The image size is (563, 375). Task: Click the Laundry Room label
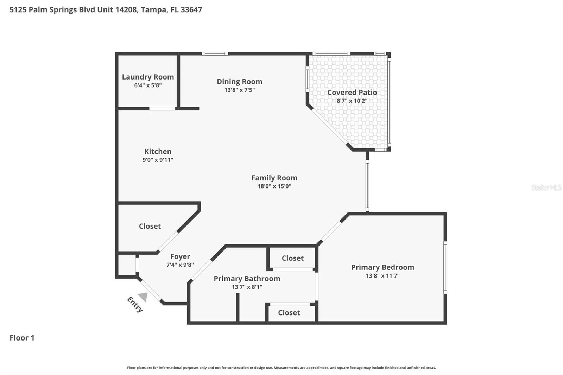pos(148,77)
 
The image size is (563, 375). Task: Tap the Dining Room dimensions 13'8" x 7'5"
pos(239,90)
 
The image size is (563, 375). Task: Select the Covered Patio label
pos(352,92)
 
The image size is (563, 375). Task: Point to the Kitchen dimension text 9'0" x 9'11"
pos(158,160)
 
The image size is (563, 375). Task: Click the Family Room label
pos(274,178)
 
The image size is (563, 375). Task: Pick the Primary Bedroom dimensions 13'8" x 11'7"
pos(382,276)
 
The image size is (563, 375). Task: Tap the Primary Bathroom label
pos(247,279)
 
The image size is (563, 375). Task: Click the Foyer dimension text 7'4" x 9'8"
pos(180,265)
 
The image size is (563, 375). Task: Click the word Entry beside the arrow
pos(135,304)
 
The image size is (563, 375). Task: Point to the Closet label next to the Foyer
pos(150,226)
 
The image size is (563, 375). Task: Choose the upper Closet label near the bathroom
pos(292,258)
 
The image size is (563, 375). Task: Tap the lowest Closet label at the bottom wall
pos(289,313)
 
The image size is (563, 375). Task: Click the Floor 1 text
pos(22,338)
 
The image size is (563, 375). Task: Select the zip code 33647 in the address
pos(191,9)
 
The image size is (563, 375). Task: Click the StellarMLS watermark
pos(546,187)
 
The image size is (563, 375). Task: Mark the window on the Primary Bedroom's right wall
pos(445,267)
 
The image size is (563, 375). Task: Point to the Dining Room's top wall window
pos(215,54)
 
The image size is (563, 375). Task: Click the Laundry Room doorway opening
pos(162,109)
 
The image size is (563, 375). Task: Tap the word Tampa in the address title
pos(153,9)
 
